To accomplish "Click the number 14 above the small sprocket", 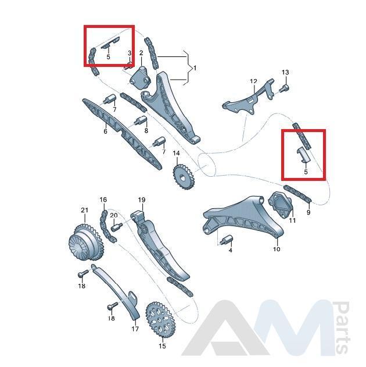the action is coord(176,154).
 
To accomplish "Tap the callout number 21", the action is coord(84,210).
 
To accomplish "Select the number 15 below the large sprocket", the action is coord(162,345).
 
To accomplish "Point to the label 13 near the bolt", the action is coord(285,72).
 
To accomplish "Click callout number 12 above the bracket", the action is coord(253,81).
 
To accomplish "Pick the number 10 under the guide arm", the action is coord(277,249).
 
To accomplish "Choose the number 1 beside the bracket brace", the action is coord(195,68).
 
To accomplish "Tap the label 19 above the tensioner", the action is coord(142,200).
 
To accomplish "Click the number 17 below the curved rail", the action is coord(135,329).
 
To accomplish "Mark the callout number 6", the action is coord(105,131).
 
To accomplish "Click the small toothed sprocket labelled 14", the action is coord(183,177).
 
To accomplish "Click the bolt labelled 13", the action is coord(284,89).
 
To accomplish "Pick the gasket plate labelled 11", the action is coord(280,204).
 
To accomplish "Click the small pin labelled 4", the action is coord(226,240).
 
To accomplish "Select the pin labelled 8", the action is coord(141,120).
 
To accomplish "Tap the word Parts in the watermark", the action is coord(342,327).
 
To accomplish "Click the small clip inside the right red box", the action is coord(303,155).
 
